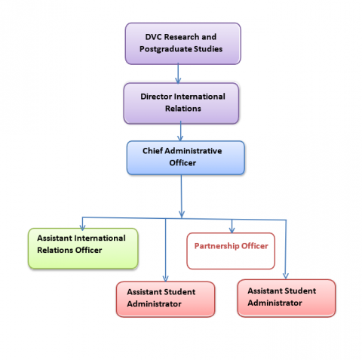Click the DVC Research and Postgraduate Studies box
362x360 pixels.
[183, 44]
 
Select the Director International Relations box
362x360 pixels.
[181, 103]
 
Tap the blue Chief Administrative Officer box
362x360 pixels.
[186, 158]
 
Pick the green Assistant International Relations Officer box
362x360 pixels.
[83, 248]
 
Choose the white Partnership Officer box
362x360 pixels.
[231, 251]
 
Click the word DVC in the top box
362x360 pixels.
[153, 37]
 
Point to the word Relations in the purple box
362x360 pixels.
[183, 109]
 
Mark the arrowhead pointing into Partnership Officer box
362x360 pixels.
[232, 229]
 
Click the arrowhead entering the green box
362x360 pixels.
[82, 227]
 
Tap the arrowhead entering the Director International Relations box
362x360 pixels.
[178, 81]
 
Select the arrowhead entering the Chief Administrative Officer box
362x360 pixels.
[180, 138]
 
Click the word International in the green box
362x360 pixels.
[100, 238]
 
